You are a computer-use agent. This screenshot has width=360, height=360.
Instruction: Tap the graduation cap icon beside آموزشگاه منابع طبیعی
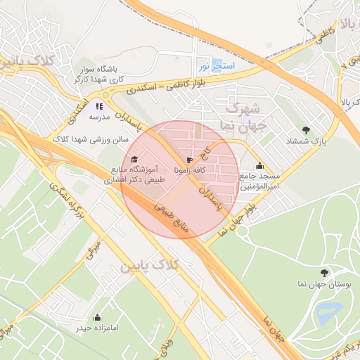(135, 159)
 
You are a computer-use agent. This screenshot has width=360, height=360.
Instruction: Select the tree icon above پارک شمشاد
(305, 130)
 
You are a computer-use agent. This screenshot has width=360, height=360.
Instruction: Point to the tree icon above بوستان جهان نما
(324, 272)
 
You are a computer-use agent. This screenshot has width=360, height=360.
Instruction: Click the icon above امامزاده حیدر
(97, 317)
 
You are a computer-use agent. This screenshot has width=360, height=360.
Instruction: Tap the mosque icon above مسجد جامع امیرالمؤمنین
(259, 166)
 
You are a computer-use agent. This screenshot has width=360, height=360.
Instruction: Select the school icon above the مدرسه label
(99, 105)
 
